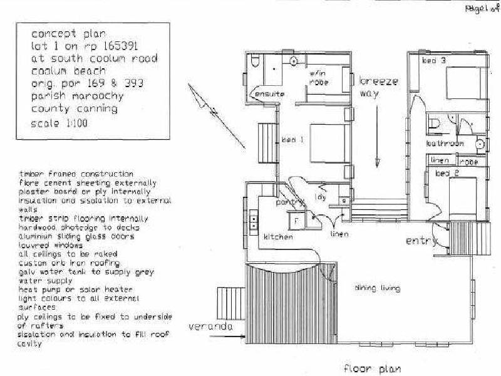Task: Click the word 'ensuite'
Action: (268, 93)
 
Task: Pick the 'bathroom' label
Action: (445, 144)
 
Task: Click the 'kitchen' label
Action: (278, 237)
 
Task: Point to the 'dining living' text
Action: (377, 288)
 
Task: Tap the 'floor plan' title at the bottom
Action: (373, 368)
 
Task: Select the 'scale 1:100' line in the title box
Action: (59, 123)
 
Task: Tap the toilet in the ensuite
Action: (255, 63)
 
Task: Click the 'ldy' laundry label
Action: (321, 197)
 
